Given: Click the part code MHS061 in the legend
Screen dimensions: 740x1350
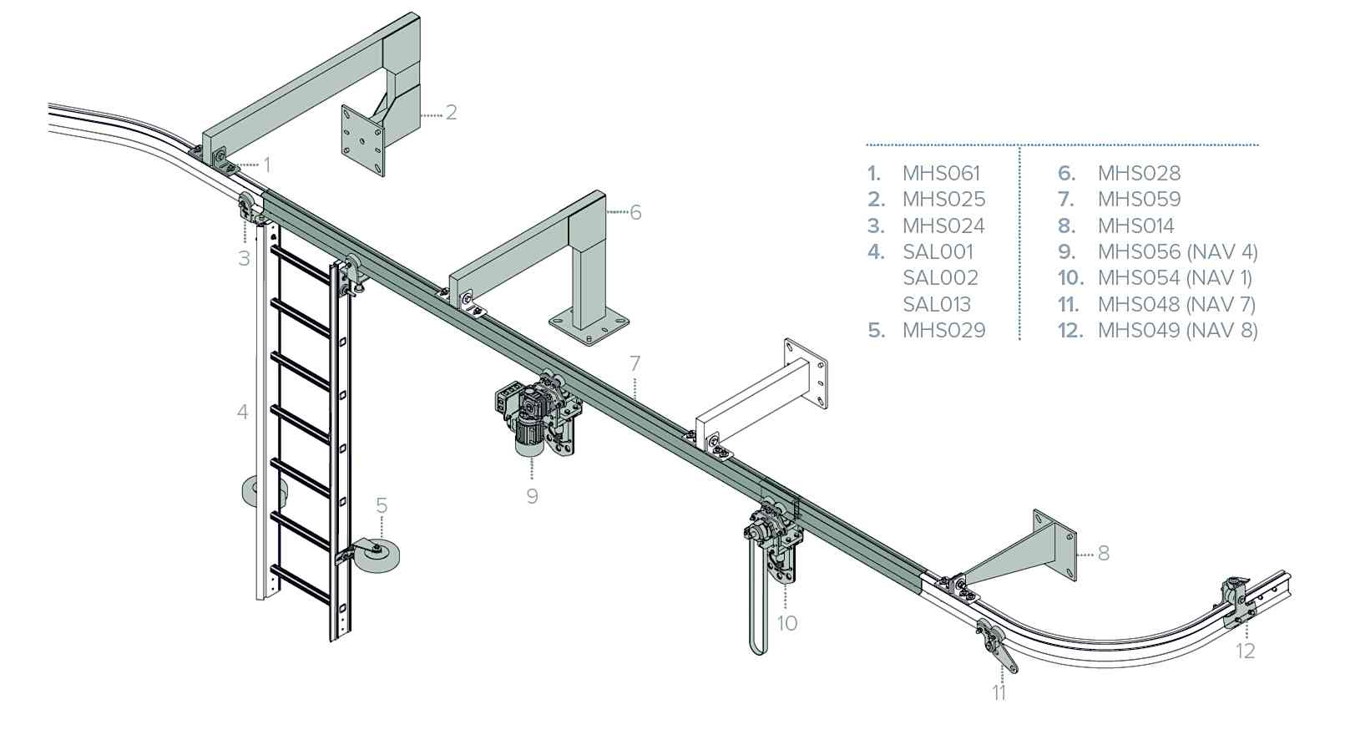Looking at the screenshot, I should coord(941,174).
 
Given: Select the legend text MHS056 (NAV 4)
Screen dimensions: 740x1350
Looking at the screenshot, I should coord(1177,251).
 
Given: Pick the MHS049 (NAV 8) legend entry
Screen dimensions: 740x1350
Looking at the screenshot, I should coord(1177,330).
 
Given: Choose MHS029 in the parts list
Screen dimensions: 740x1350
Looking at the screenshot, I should coord(943,330).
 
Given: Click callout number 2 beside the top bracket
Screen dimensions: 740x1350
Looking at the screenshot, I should coord(452,113).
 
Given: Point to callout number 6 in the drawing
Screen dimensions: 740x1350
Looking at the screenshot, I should coord(635,213).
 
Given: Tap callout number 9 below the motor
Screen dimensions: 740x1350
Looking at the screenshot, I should coord(533,496).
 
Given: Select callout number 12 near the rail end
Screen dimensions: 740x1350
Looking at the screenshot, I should coord(1245,651).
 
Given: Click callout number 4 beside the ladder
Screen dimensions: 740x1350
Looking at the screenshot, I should coord(243,412).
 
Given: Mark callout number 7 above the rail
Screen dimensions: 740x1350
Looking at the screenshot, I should coord(635,363).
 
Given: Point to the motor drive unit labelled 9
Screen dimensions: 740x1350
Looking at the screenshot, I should coord(534,418).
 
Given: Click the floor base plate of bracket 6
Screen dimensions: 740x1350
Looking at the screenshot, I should coord(589,327).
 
